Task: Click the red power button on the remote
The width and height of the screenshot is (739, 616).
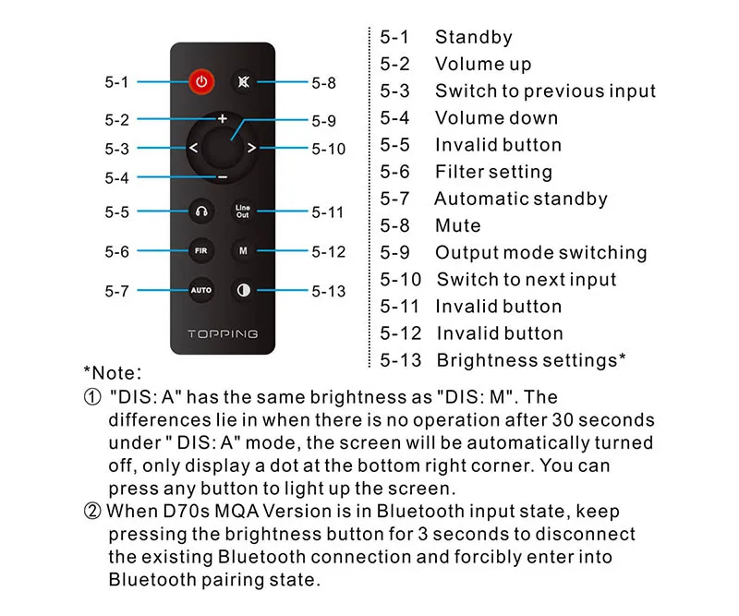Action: tap(201, 81)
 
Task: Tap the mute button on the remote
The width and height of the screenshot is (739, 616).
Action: tap(243, 81)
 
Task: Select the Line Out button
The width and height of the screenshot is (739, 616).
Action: tap(242, 211)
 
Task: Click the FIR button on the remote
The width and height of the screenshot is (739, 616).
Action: tap(201, 250)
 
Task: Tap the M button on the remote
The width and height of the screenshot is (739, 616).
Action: tap(242, 250)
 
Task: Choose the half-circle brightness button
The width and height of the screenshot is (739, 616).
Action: tap(243, 290)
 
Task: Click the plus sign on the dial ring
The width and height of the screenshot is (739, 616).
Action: tap(223, 119)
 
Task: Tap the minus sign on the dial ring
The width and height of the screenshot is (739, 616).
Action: tap(223, 176)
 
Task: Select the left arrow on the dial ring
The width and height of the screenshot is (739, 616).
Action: tap(193, 148)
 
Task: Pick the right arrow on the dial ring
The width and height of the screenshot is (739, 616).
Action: tap(251, 148)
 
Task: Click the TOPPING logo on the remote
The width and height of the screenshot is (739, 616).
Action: tap(223, 333)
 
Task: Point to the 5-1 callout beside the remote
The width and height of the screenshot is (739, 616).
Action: tap(116, 82)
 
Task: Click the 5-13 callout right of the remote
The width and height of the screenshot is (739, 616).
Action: tap(328, 291)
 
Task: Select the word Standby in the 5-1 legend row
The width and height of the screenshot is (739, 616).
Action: tap(473, 38)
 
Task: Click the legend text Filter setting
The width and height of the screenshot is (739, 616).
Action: tap(493, 172)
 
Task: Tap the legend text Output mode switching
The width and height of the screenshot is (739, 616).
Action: tap(540, 252)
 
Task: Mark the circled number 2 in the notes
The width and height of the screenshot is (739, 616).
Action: tap(92, 512)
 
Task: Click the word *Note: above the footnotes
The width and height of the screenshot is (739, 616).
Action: tap(113, 373)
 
